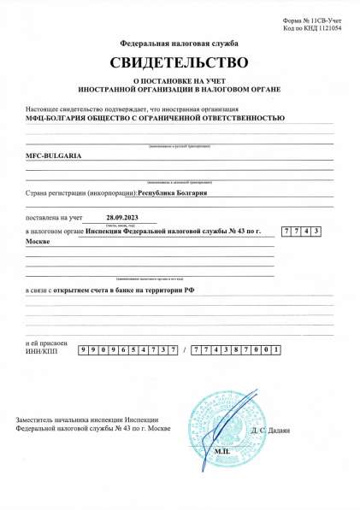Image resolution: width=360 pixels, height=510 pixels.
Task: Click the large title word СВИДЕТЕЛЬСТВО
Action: (179, 62)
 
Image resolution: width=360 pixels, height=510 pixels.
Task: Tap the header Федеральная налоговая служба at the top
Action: (179, 43)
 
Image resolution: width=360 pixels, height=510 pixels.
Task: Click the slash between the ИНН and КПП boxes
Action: (185, 350)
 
